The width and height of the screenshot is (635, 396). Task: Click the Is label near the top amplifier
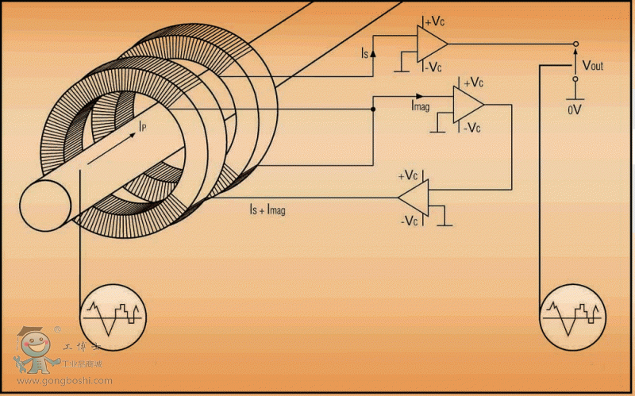coord(364,54)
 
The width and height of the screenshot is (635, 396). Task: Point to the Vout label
coord(593,65)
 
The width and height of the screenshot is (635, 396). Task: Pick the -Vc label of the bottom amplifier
coord(410,221)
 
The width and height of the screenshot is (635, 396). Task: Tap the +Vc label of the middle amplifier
coord(473,82)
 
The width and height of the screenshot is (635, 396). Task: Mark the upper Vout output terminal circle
coord(576,44)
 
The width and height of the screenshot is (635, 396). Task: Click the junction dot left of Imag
coord(373,110)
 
